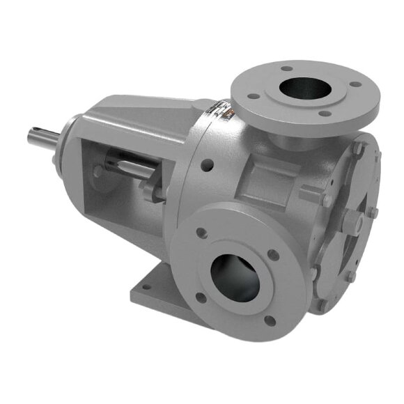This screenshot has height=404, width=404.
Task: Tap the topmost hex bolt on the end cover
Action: point(357,148)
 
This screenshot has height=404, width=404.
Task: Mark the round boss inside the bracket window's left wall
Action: point(99,168)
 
